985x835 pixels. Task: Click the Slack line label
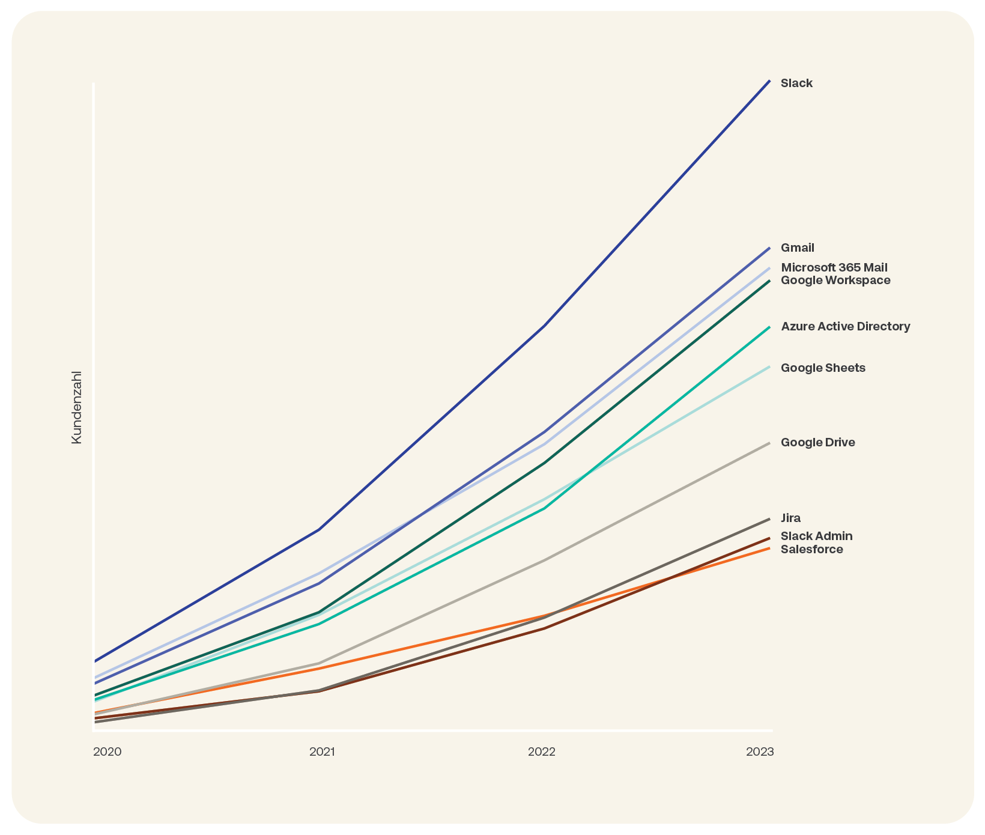point(796,83)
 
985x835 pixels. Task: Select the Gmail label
point(798,248)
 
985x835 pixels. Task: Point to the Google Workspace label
point(835,281)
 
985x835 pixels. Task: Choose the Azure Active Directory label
point(845,327)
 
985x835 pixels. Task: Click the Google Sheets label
point(823,368)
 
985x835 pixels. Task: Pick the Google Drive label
point(817,443)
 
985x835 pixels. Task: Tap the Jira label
point(790,518)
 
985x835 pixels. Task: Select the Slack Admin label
point(816,536)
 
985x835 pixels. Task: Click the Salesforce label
point(811,550)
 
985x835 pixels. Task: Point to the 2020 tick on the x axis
point(108,752)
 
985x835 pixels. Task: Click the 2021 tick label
point(322,752)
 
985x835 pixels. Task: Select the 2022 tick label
point(542,752)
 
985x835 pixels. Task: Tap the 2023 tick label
point(760,752)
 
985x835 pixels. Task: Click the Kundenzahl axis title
point(76,407)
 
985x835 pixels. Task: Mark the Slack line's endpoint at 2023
point(769,80)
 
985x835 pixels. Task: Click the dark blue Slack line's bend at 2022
point(544,326)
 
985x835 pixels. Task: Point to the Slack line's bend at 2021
point(320,529)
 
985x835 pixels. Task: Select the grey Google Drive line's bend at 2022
point(544,560)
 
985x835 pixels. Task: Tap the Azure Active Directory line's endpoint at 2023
point(769,327)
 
